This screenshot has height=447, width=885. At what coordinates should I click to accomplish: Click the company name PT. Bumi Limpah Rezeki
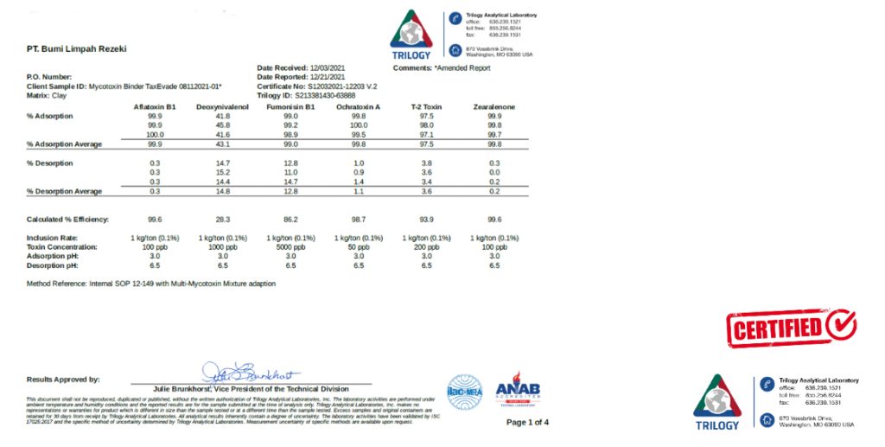(77, 49)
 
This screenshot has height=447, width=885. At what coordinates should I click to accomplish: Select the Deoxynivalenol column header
(222, 106)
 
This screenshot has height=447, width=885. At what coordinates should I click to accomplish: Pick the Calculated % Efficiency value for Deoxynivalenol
(222, 220)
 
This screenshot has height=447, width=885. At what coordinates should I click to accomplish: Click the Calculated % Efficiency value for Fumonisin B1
(290, 220)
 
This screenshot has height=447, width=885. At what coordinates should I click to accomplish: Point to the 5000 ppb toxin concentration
(290, 247)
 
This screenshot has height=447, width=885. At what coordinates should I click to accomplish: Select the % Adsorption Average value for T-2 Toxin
(426, 144)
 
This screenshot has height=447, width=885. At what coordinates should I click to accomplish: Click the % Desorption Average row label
(64, 191)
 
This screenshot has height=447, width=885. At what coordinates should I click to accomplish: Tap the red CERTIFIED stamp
(791, 327)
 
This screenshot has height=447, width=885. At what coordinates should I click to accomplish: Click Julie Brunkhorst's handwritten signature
(251, 374)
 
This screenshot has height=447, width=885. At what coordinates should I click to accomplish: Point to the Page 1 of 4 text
(527, 423)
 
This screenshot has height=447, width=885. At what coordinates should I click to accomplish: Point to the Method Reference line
(151, 284)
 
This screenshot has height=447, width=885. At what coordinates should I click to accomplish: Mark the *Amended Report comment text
(462, 67)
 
